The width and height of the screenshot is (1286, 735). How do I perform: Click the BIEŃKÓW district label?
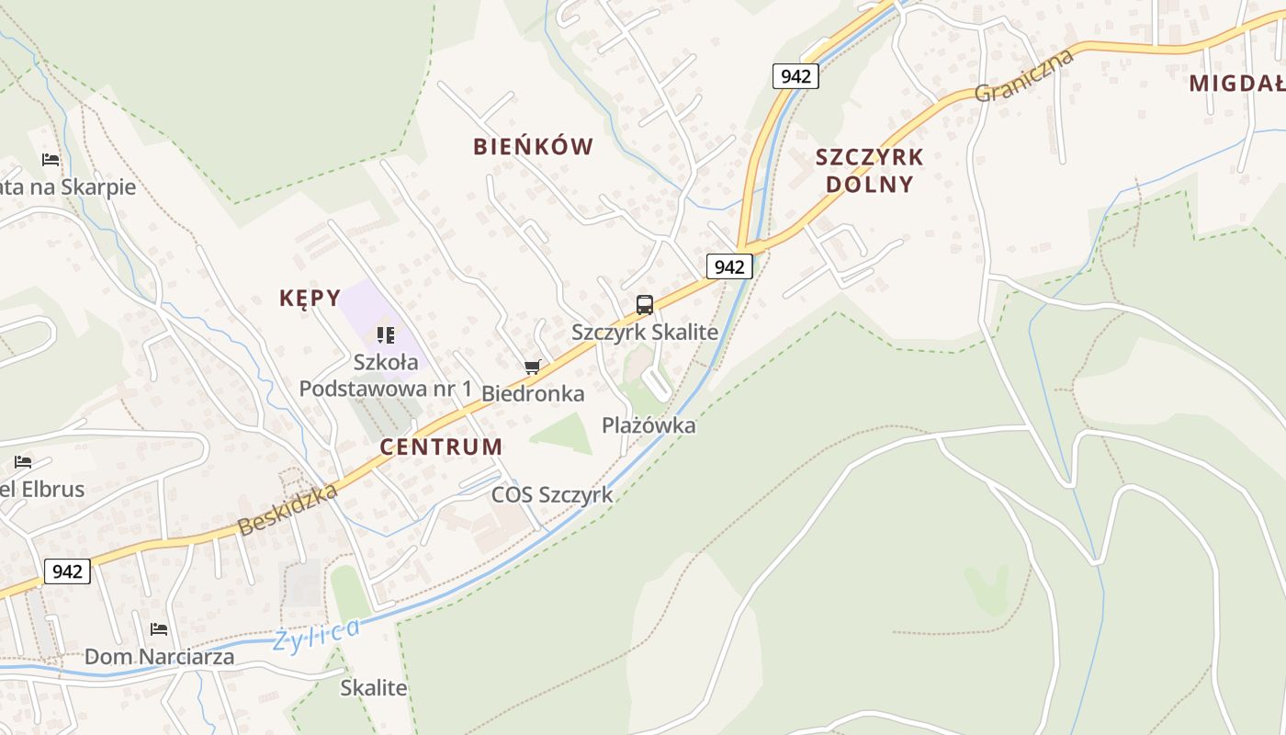(533, 146)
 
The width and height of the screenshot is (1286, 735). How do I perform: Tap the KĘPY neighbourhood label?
(310, 298)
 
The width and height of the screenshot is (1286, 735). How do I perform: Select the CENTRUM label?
(441, 447)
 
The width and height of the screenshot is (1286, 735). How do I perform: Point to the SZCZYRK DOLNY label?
(869, 170)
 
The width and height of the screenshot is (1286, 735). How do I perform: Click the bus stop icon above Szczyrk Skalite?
(645, 304)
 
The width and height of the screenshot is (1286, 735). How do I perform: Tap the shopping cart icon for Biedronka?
(532, 367)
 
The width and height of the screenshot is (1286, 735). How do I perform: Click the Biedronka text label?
(533, 394)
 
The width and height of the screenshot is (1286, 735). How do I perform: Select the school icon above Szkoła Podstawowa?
(385, 335)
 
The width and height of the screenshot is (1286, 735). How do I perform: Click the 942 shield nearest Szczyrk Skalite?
(729, 266)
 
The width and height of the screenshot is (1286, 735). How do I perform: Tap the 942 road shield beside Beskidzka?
(67, 571)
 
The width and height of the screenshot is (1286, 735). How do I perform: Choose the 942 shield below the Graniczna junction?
(795, 75)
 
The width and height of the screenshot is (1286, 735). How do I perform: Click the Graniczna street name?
(1024, 75)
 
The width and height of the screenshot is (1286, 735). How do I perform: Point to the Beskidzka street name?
(288, 511)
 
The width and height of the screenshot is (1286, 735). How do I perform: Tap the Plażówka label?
(649, 425)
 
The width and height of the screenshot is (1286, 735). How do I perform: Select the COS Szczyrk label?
(551, 494)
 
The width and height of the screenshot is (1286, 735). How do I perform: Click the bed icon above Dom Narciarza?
(159, 629)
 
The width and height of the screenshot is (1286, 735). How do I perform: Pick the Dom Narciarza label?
(159, 657)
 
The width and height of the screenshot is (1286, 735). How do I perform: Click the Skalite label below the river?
(373, 687)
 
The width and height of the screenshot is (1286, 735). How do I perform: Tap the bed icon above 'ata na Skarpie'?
(51, 159)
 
